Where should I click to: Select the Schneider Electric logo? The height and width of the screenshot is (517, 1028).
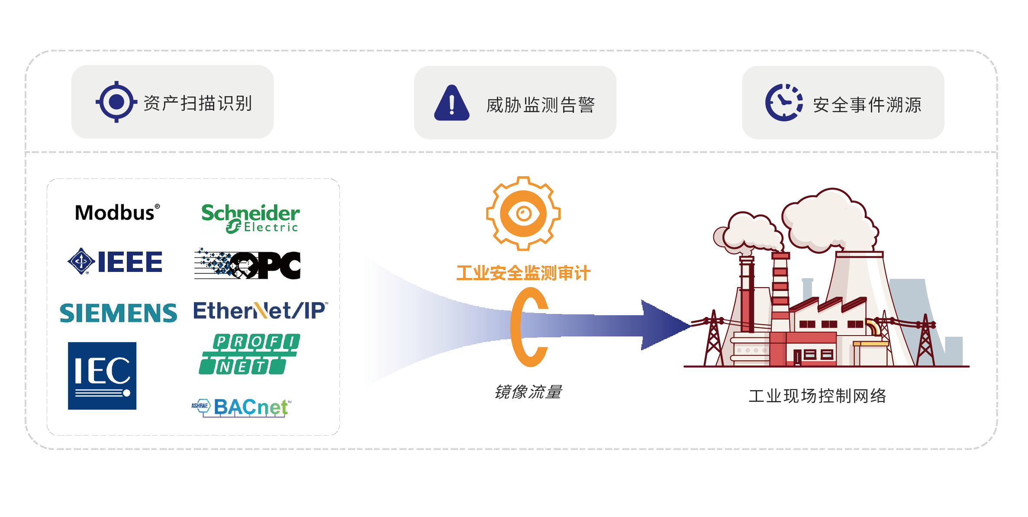click(x=251, y=218)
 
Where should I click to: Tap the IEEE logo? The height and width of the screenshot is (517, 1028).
click(x=115, y=262)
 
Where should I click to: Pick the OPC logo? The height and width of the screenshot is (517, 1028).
click(x=248, y=264)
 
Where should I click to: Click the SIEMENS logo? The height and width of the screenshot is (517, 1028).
click(x=118, y=313)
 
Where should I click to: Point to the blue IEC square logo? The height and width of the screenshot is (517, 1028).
click(x=102, y=376)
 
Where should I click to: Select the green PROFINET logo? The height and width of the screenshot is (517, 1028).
click(x=249, y=354)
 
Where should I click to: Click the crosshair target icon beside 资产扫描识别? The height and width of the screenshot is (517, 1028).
click(x=116, y=102)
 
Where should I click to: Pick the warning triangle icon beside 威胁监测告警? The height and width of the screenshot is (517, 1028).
click(x=451, y=103)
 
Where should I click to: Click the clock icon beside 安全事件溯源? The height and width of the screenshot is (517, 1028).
click(x=783, y=103)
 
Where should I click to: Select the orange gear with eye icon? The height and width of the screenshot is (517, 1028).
click(x=523, y=213)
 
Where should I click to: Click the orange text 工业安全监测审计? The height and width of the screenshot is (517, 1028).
click(x=523, y=273)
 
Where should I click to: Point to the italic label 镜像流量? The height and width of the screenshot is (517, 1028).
click(x=528, y=392)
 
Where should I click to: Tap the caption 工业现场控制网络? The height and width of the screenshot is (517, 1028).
click(x=817, y=396)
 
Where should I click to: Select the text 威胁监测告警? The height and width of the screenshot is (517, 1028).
click(x=540, y=105)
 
